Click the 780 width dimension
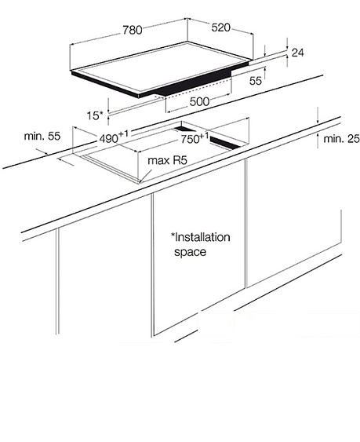(x=133, y=30)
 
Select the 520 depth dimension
(x=220, y=27)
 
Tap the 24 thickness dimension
(x=298, y=53)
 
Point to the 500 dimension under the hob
(x=199, y=101)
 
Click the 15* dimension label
(x=95, y=115)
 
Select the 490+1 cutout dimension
(x=114, y=137)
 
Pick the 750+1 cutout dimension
(x=195, y=138)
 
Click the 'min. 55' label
(x=42, y=136)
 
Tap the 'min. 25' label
(x=341, y=139)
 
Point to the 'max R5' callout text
(x=167, y=161)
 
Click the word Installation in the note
(x=202, y=237)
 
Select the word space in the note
(x=190, y=252)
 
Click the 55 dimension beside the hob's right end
(x=256, y=81)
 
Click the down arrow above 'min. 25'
(x=318, y=115)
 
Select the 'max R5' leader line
(x=146, y=175)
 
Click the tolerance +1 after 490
(x=123, y=133)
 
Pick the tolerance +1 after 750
(x=204, y=136)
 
